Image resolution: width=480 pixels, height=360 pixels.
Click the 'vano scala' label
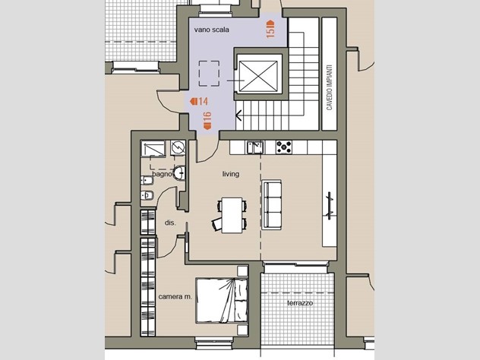coord(212,30)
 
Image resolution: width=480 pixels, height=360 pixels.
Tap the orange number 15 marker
coord(270,29)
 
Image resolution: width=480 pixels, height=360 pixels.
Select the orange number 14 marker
coord(199,101)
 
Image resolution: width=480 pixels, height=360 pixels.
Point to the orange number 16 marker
coord(207,120)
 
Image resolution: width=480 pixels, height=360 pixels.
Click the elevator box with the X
coord(258,76)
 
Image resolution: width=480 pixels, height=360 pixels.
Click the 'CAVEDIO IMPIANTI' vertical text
coord(330,87)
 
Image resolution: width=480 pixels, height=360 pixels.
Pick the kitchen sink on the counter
coord(255,147)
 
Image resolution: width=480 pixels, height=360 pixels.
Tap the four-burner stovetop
coord(284,147)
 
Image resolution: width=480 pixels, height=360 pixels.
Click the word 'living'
coord(231,174)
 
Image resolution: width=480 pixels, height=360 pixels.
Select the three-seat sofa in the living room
coord(272,204)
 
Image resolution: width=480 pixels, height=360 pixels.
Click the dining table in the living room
coord(232,215)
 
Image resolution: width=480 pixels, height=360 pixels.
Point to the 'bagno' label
coord(162,174)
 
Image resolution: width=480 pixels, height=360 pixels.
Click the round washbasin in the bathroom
coord(180,173)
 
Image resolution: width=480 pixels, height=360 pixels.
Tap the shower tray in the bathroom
coord(153,148)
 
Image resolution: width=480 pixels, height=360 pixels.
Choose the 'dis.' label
coord(170,223)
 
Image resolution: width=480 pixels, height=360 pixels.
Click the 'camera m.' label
coord(175,297)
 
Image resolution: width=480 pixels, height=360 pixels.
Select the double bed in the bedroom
coord(222,300)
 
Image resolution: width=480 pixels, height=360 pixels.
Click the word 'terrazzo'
coord(300,303)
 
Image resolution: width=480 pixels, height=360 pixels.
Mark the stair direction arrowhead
coord(238,115)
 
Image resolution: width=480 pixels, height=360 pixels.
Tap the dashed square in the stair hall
coord(209,74)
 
